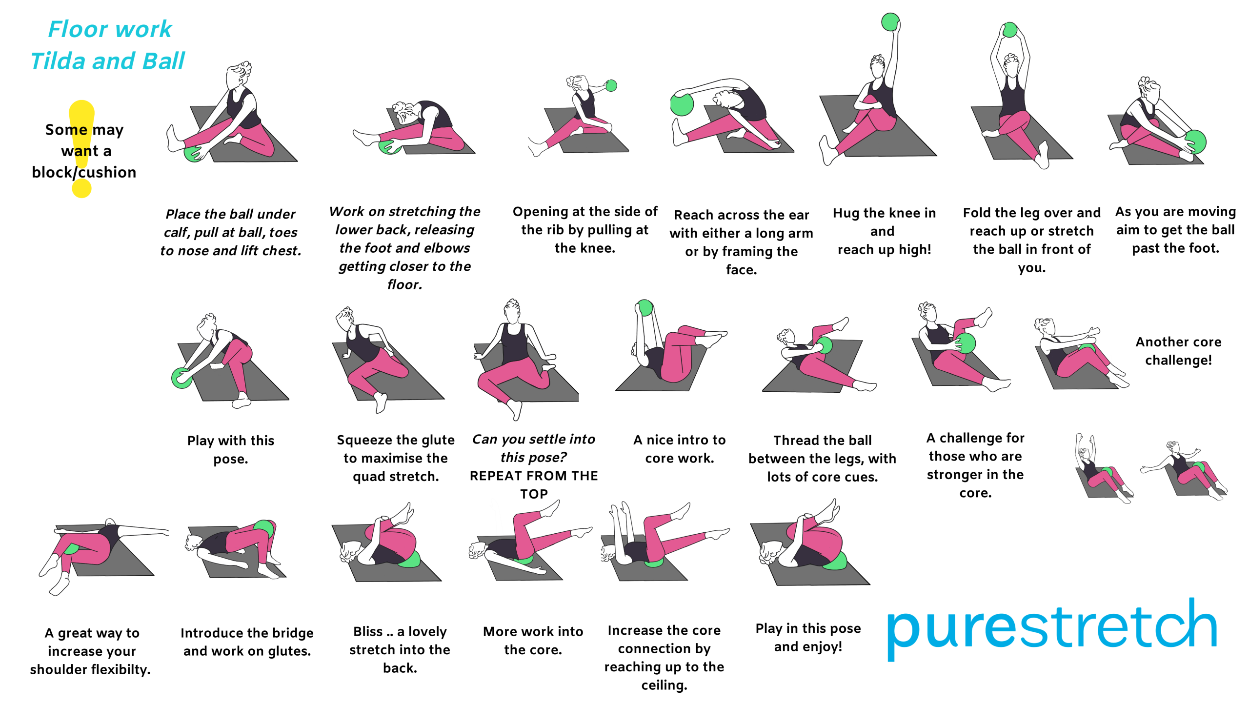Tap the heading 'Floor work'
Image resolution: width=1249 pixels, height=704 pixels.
(x=110, y=29)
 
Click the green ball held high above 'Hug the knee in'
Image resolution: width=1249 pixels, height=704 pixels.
(x=890, y=22)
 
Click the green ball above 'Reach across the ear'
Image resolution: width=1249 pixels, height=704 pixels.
(x=682, y=104)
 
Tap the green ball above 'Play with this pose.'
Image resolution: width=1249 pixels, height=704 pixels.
(x=182, y=378)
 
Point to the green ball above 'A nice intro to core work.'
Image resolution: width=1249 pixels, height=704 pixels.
(x=645, y=307)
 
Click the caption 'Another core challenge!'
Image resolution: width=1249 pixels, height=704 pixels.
(x=1178, y=351)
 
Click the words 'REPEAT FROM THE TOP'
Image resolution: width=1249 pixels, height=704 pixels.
(x=534, y=484)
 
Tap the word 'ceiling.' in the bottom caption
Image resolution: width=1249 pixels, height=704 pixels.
(x=664, y=685)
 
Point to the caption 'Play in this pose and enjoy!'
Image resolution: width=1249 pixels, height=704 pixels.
(x=808, y=637)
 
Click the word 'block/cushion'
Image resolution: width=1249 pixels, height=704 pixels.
(x=84, y=172)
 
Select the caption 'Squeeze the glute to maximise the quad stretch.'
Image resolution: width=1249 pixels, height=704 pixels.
(x=396, y=458)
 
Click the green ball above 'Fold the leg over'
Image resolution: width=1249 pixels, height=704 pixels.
(x=1009, y=30)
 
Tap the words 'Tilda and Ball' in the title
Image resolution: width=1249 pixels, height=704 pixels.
(x=108, y=61)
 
